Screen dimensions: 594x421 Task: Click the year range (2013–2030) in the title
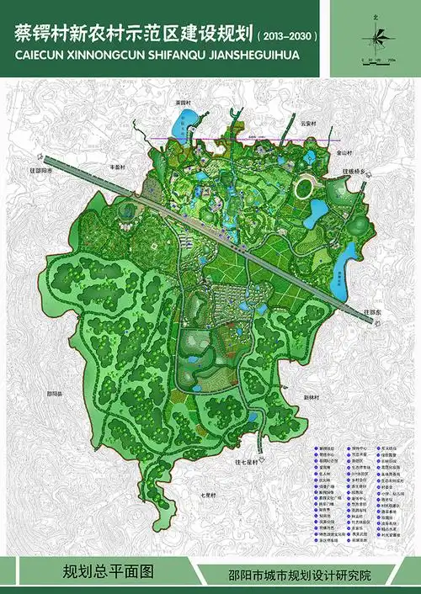click(x=291, y=38)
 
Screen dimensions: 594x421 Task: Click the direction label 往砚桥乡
click(x=356, y=170)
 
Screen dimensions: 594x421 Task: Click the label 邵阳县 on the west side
click(x=56, y=393)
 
